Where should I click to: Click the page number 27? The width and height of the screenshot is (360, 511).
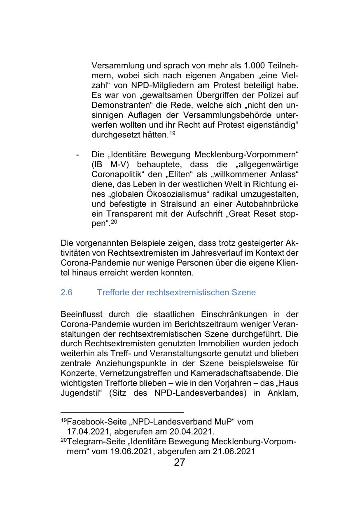[x=180, y=462]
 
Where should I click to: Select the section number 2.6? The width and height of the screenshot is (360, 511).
[x=66, y=292]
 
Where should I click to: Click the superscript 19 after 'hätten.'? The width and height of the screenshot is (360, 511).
[x=172, y=133]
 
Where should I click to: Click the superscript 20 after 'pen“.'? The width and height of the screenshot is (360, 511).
[x=114, y=222]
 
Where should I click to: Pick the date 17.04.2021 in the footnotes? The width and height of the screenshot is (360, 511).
[x=89, y=432]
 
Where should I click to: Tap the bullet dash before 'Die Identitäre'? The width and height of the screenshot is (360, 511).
[x=77, y=155]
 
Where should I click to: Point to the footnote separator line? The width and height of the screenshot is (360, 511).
[x=122, y=412]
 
